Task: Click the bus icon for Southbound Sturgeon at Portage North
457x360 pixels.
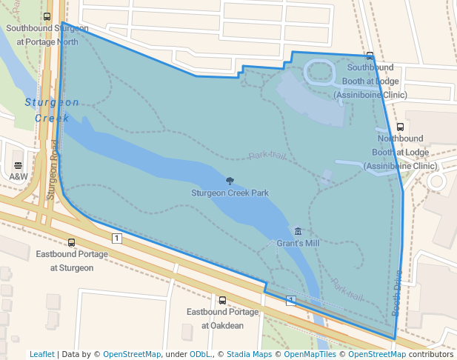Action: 47,16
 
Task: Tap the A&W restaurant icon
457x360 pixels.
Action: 18,164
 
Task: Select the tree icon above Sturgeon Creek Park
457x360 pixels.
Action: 230,181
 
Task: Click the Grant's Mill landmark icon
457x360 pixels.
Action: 298,231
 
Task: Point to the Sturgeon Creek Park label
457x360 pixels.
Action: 230,193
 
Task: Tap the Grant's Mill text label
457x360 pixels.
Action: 298,243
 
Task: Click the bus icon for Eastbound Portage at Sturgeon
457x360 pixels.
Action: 71,242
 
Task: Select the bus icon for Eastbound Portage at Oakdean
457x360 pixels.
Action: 222,300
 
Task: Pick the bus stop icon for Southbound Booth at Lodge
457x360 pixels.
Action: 370,56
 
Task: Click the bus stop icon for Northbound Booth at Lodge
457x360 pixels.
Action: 401,127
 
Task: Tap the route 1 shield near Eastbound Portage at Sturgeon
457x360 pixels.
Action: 116,238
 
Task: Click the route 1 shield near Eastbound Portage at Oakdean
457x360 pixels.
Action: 291,300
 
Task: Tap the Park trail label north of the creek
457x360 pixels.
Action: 267,156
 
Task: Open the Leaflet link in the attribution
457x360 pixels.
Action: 41,354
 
